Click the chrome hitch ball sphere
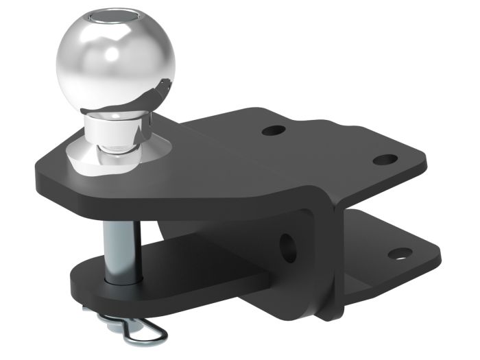coord(115,58)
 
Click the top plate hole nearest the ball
coord(273,130)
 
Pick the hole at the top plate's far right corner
coord(385,160)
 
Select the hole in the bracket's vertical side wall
coord(287,247)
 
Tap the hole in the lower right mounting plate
coord(400,254)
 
